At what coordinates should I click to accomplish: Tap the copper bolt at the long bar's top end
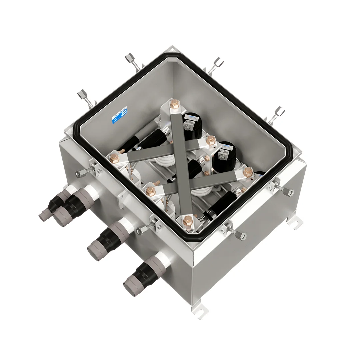[174, 106]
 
